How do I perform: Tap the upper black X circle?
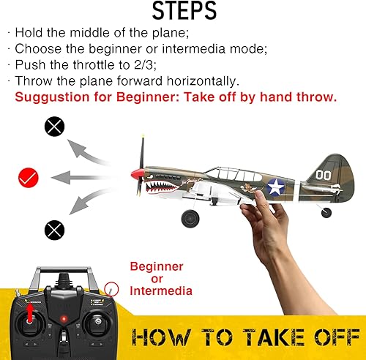pyautogui.click(x=55, y=127)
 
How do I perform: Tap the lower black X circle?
pyautogui.click(x=55, y=230)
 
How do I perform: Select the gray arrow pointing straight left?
pyautogui.click(x=86, y=176)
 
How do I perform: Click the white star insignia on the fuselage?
pyautogui.click(x=275, y=187)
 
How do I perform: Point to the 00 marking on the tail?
pyautogui.click(x=324, y=175)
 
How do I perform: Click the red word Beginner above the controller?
pyautogui.click(x=156, y=266)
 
